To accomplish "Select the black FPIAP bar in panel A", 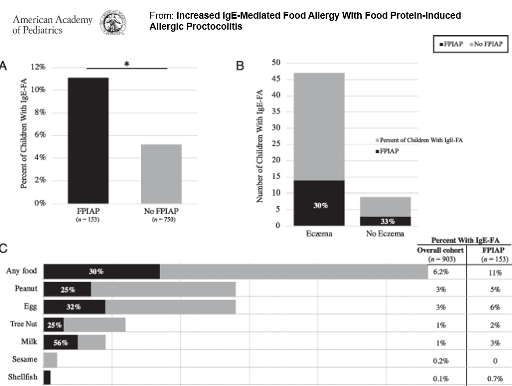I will click(88, 140).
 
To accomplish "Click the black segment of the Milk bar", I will click(61, 342).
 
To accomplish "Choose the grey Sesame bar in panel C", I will click(50, 359).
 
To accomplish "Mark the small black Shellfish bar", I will click(47, 377).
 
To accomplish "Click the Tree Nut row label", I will click(23, 324).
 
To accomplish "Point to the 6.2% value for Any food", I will click(441, 271).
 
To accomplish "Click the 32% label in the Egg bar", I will click(74, 307).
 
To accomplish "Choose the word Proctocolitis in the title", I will click(218, 26).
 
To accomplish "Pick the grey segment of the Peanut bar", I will click(163, 290).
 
